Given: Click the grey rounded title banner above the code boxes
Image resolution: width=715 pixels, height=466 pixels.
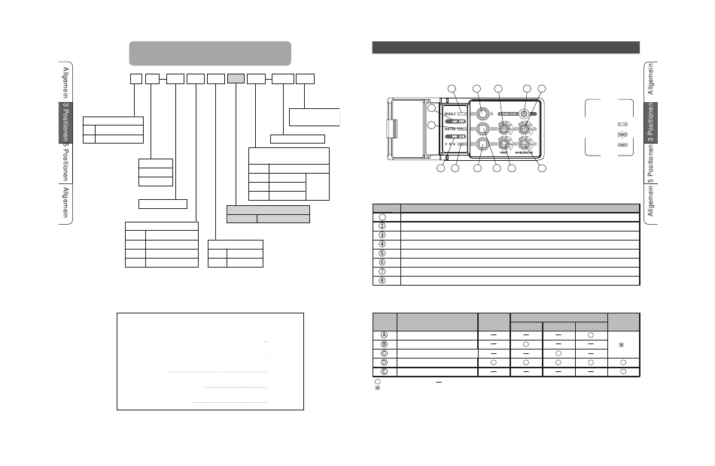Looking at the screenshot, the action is [210, 53].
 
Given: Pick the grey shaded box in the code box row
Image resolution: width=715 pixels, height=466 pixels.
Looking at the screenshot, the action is [236, 78].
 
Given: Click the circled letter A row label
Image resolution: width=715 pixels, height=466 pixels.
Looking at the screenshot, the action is [385, 334].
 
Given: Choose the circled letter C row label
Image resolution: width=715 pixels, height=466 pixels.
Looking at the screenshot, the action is [385, 353].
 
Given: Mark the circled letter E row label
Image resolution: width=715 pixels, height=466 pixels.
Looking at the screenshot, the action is [385, 371].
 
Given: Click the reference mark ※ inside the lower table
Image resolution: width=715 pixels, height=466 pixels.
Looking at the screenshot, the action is [621, 345].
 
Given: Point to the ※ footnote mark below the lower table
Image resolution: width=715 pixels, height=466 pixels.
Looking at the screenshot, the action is [378, 389].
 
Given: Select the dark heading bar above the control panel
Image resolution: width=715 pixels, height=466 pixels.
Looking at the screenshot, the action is [506, 48].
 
